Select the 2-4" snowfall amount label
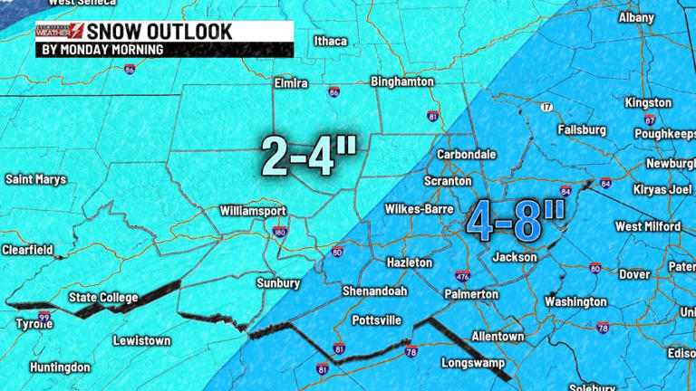click(309, 156)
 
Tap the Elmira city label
click(291, 83)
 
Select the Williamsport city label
click(253, 211)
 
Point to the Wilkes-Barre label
click(417, 209)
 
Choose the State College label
click(103, 298)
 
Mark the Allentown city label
click(498, 336)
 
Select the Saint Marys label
click(36, 179)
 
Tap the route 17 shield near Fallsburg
click(546, 108)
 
